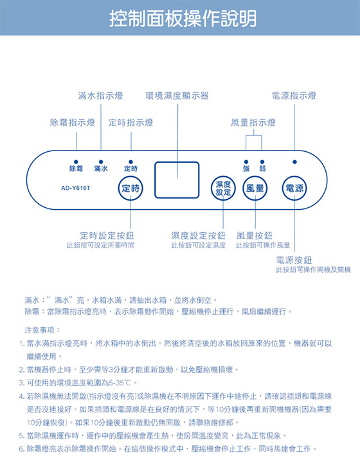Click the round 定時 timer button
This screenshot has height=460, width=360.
[x=130, y=188]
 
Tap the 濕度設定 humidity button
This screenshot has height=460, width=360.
[x=223, y=188]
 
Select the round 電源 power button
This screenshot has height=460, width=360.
[x=294, y=188]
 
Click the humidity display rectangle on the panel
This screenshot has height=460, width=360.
[x=177, y=180]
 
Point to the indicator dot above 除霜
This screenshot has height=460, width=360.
[x=76, y=162]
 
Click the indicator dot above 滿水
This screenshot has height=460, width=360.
[x=101, y=162]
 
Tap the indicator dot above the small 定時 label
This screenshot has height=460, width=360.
[x=130, y=162]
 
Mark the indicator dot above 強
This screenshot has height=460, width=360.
[x=246, y=162]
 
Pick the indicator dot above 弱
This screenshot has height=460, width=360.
[x=262, y=162]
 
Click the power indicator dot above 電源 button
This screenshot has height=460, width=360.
[x=294, y=162]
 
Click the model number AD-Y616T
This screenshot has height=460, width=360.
[x=75, y=188]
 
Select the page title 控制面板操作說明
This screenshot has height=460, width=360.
[x=183, y=18]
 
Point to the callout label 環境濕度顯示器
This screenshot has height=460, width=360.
[x=177, y=96]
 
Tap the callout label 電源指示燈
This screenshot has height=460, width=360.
[x=294, y=96]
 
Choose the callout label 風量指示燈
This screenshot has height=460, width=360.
[x=253, y=123]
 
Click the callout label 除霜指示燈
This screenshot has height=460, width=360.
[x=73, y=123]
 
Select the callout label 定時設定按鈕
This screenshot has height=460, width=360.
[x=107, y=235]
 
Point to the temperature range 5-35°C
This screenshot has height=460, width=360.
[x=120, y=383]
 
